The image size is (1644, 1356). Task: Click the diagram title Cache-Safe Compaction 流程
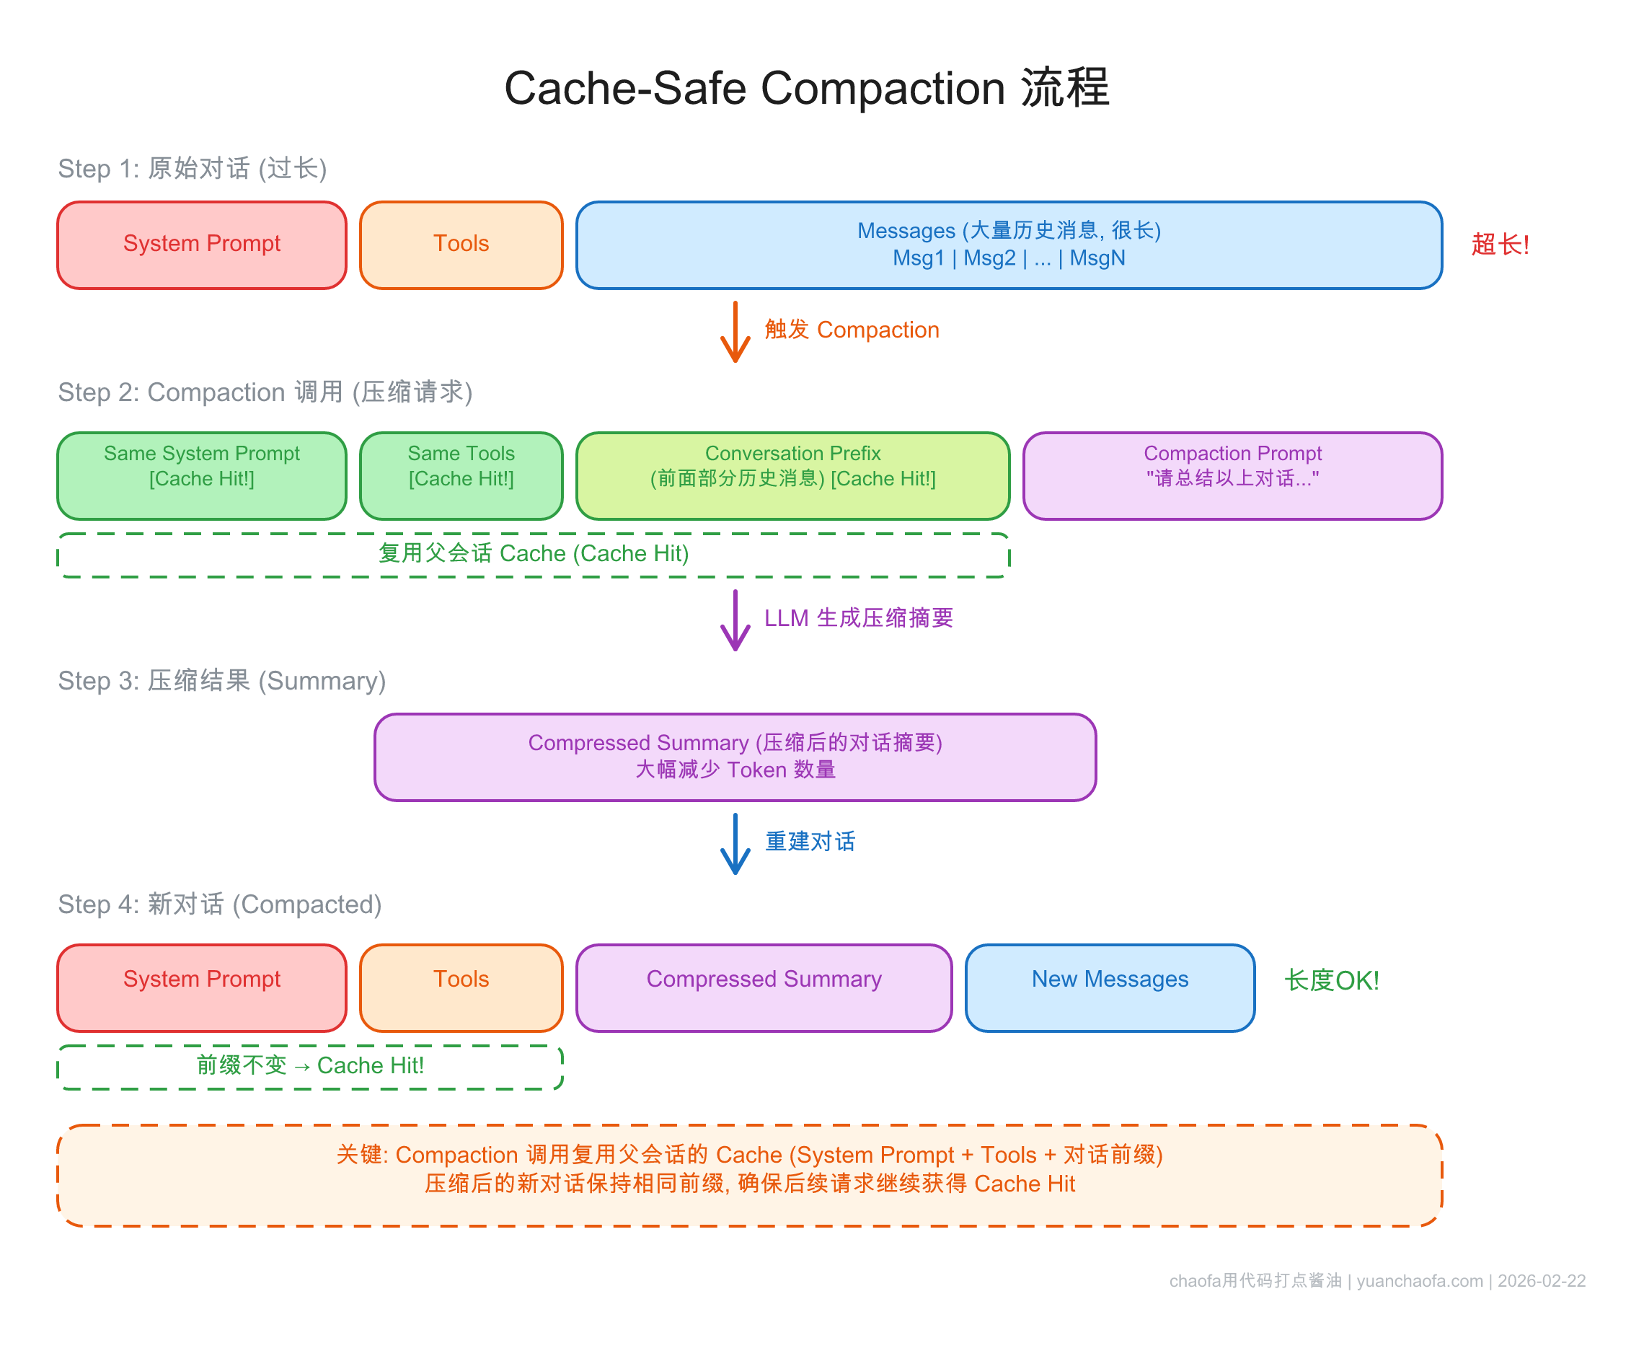click(805, 87)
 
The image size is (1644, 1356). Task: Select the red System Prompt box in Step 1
click(201, 245)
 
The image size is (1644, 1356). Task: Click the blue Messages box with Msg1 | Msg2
click(1007, 245)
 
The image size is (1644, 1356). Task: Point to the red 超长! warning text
click(1499, 245)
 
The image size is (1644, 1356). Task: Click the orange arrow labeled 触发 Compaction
click(734, 332)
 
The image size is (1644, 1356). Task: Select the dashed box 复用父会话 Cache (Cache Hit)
click(533, 555)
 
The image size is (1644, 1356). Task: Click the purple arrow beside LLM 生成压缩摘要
click(734, 620)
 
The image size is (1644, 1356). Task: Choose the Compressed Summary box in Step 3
click(734, 756)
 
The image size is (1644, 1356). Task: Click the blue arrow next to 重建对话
click(734, 844)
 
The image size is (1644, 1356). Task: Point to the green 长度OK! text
click(1331, 980)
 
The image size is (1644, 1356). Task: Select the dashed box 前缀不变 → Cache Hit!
click(309, 1066)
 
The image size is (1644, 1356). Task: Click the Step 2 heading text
click(265, 392)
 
